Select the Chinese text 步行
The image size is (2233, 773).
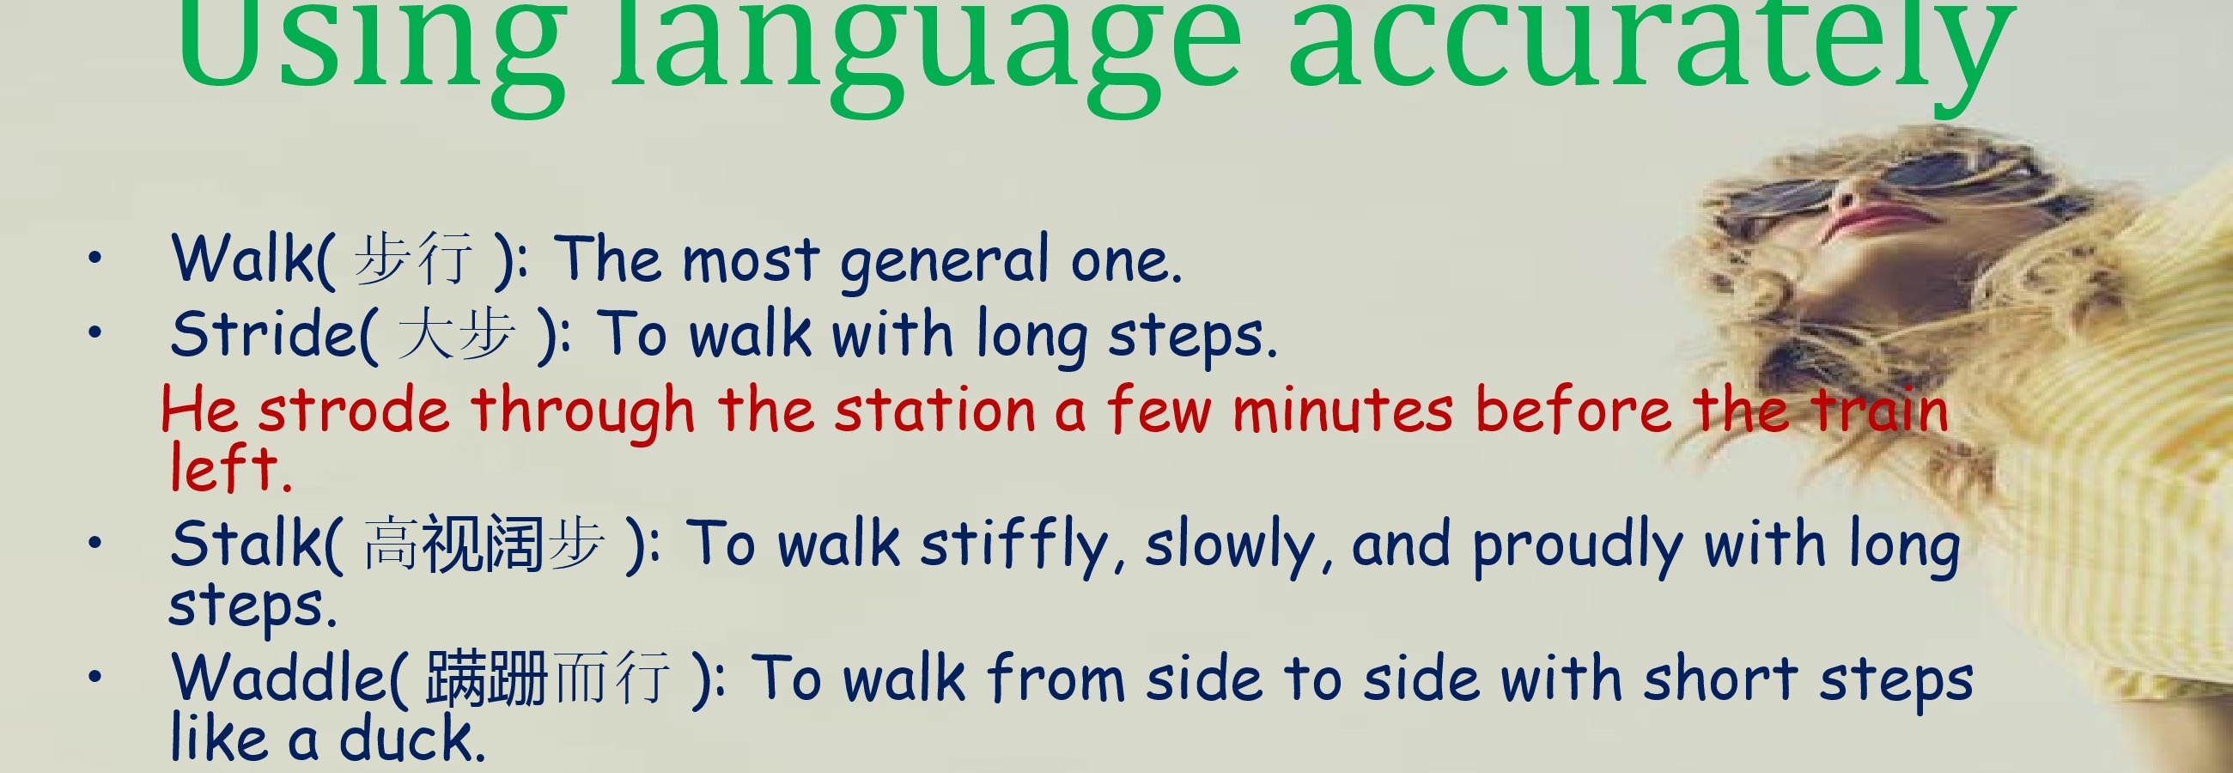click(413, 259)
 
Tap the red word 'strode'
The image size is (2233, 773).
click(354, 409)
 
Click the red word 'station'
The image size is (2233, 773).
click(935, 409)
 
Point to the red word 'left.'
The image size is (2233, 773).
click(230, 468)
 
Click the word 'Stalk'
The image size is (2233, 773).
click(248, 545)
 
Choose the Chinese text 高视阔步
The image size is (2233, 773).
click(484, 545)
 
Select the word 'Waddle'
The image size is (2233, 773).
click(279, 677)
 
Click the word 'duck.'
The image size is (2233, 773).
click(411, 738)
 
